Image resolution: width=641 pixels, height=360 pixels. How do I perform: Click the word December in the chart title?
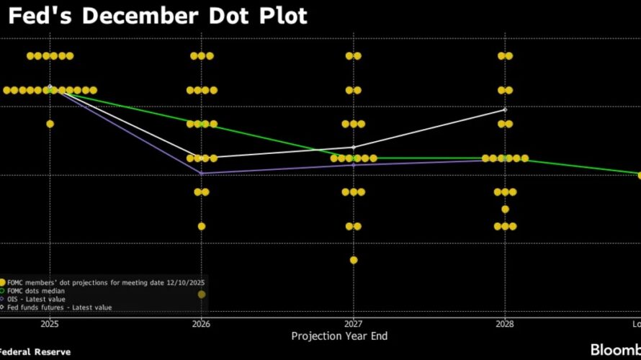click(x=135, y=15)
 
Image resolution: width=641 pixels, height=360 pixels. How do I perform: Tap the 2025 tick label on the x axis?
click(x=49, y=324)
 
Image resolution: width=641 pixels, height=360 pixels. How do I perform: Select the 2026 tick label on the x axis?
click(x=202, y=324)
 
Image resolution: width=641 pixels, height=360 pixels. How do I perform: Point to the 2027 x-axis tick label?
click(x=354, y=324)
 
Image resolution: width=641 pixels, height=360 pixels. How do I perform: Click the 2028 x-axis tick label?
click(x=505, y=324)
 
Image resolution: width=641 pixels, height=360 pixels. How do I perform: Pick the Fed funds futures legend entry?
click(x=50, y=307)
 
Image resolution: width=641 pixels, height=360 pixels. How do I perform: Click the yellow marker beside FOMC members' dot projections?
click(x=2, y=282)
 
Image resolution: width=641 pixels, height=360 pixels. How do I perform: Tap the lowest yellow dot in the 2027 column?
click(x=354, y=260)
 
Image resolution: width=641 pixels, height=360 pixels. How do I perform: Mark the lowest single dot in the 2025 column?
click(x=50, y=124)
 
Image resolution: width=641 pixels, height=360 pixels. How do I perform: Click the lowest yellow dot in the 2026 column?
click(x=202, y=226)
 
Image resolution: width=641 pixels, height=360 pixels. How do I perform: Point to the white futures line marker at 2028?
click(x=505, y=109)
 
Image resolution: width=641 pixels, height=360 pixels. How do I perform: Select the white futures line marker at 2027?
click(x=354, y=148)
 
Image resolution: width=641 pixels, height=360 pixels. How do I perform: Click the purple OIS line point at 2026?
click(x=202, y=174)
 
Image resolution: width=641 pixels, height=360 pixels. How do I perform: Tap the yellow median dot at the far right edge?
click(x=639, y=175)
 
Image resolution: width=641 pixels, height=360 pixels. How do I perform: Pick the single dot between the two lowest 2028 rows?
click(x=505, y=210)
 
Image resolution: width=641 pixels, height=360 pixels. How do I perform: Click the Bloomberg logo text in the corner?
click(x=616, y=350)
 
